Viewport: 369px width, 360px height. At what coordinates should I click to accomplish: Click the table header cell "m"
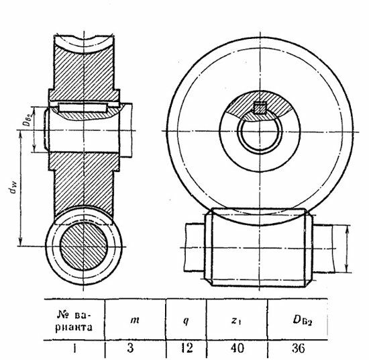pyautogui.click(x=135, y=320)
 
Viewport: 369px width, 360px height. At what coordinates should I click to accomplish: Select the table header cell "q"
pyautogui.click(x=186, y=320)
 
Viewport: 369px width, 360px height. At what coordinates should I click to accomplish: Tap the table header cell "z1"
pyautogui.click(x=237, y=320)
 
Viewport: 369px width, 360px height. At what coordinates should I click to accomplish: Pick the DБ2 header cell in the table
pyautogui.click(x=303, y=320)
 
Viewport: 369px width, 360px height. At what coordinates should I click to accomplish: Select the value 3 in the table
pyautogui.click(x=130, y=348)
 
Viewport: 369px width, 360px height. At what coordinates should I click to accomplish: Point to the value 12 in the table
pyautogui.click(x=187, y=348)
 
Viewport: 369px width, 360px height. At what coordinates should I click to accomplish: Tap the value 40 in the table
pyautogui.click(x=237, y=348)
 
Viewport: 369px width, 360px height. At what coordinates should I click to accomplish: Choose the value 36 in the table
pyautogui.click(x=299, y=348)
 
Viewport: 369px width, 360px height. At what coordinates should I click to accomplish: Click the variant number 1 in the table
pyautogui.click(x=74, y=349)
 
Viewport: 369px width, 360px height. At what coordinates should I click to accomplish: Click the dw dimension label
pyautogui.click(x=14, y=189)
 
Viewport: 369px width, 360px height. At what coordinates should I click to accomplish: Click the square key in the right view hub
pyautogui.click(x=260, y=108)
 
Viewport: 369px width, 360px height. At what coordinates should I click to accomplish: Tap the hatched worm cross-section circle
pyautogui.click(x=84, y=246)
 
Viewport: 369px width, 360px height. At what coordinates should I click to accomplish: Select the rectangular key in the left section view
pyautogui.click(x=83, y=107)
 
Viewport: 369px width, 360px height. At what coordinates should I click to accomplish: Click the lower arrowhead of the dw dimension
pyautogui.click(x=21, y=242)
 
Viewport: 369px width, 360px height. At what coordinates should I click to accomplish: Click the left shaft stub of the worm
pyautogui.click(x=195, y=247)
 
